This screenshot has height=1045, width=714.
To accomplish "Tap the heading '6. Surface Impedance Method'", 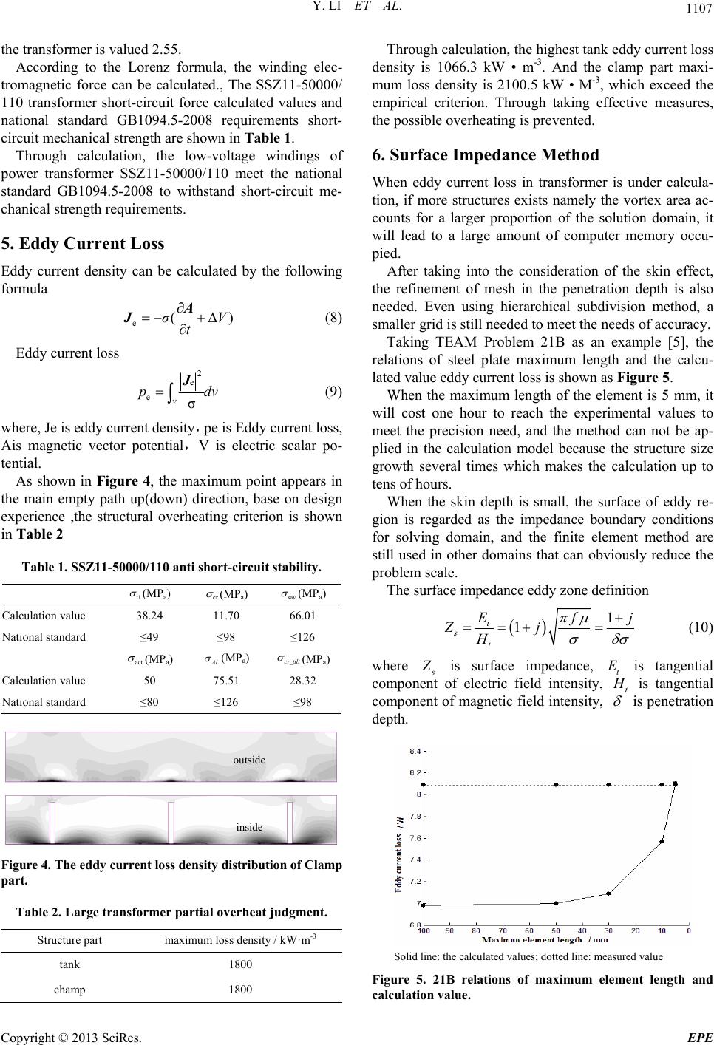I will point(489,155).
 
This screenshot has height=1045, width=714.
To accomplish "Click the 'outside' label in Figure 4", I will point(249,760).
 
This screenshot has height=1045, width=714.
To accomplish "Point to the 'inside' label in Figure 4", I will point(249,827).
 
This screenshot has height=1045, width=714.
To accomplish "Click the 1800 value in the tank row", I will point(240,964).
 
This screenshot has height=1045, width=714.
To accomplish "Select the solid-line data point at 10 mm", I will point(662,841).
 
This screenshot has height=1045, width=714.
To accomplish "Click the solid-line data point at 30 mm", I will point(608,893).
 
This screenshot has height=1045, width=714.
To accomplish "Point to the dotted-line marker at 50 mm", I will point(556,785).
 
